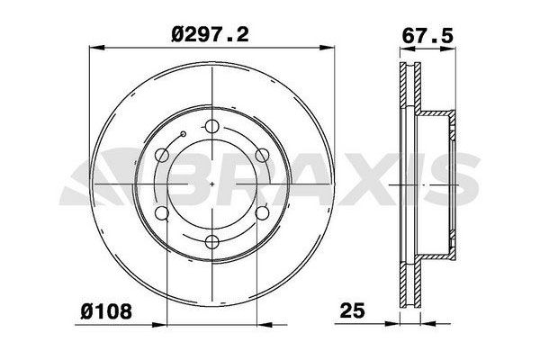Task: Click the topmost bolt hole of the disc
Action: [x=211, y=126]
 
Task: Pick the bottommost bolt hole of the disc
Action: [x=211, y=241]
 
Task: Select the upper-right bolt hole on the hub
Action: [x=262, y=155]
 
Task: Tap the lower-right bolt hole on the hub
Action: [x=262, y=212]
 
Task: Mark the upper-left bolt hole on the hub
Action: [x=162, y=155]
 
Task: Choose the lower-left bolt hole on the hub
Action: [x=162, y=212]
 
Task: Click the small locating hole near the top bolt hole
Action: [x=184, y=136]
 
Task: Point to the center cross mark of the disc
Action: [x=211, y=184]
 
